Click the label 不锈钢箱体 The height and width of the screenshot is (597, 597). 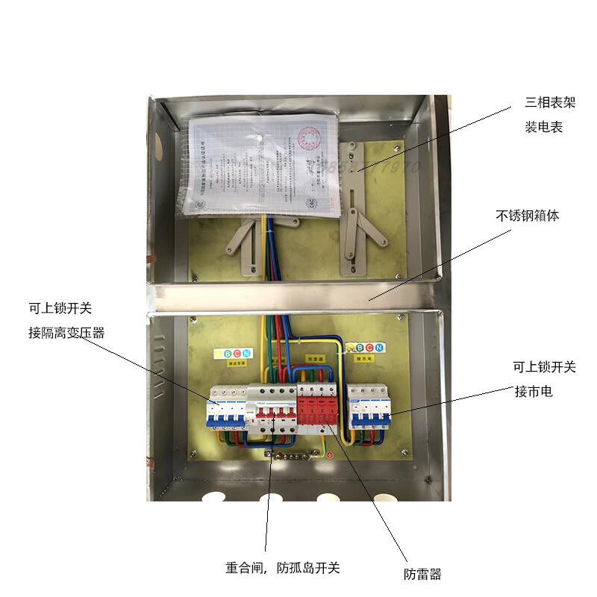click(x=527, y=216)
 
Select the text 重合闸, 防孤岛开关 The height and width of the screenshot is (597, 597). click(x=283, y=567)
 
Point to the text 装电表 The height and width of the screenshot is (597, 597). click(x=543, y=127)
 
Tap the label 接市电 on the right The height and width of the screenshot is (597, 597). click(x=534, y=391)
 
